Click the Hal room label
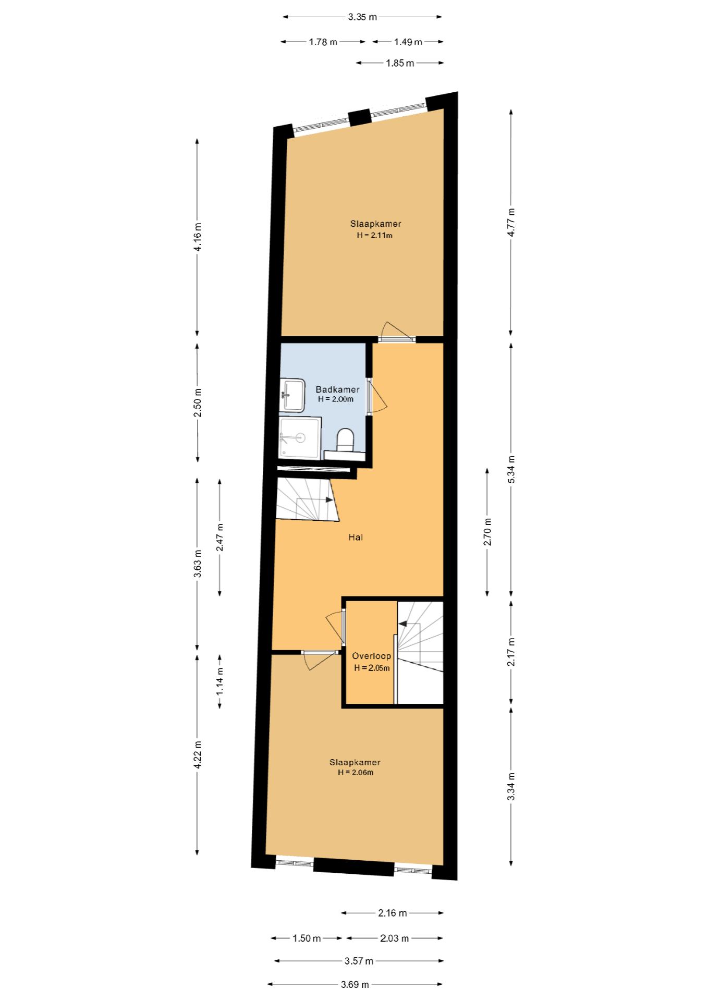coord(356,537)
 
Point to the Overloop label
coord(371,656)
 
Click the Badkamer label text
coord(337,389)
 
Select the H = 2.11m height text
coord(374,235)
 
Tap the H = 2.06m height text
coord(355,772)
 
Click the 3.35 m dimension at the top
coord(362,17)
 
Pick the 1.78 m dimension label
coord(323,42)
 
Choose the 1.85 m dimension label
coord(400,63)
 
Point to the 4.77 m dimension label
coord(511,222)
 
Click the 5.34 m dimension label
coord(511,469)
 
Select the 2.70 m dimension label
coord(487,532)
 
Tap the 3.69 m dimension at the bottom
coord(355,984)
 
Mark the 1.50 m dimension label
coord(307,938)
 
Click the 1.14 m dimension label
coord(220,681)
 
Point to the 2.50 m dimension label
coord(198,402)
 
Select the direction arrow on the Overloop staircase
coord(402,624)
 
